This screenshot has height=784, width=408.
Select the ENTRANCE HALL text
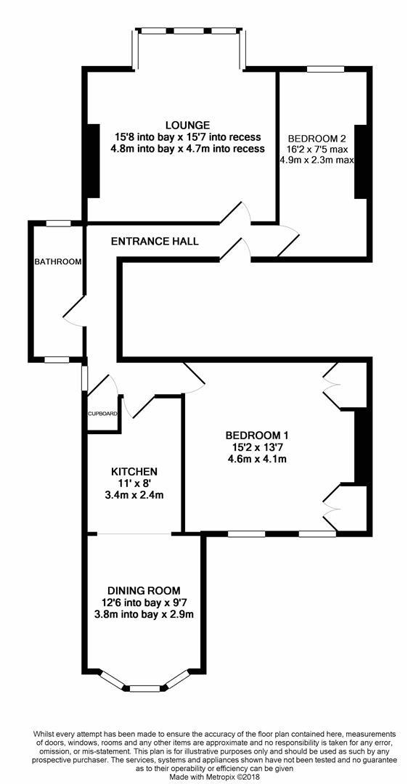click(155, 242)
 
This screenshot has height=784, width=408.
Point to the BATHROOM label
click(58, 261)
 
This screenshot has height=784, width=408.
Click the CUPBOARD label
click(103, 414)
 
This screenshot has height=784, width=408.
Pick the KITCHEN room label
click(134, 471)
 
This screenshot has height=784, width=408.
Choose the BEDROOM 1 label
click(257, 435)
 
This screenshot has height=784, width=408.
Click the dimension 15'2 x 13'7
click(257, 446)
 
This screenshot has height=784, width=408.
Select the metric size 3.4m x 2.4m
click(134, 496)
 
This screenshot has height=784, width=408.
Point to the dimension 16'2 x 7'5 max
click(317, 149)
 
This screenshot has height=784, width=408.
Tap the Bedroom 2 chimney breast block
click(361, 161)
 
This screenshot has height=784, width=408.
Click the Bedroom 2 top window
click(325, 70)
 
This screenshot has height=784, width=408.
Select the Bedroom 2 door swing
click(288, 241)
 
